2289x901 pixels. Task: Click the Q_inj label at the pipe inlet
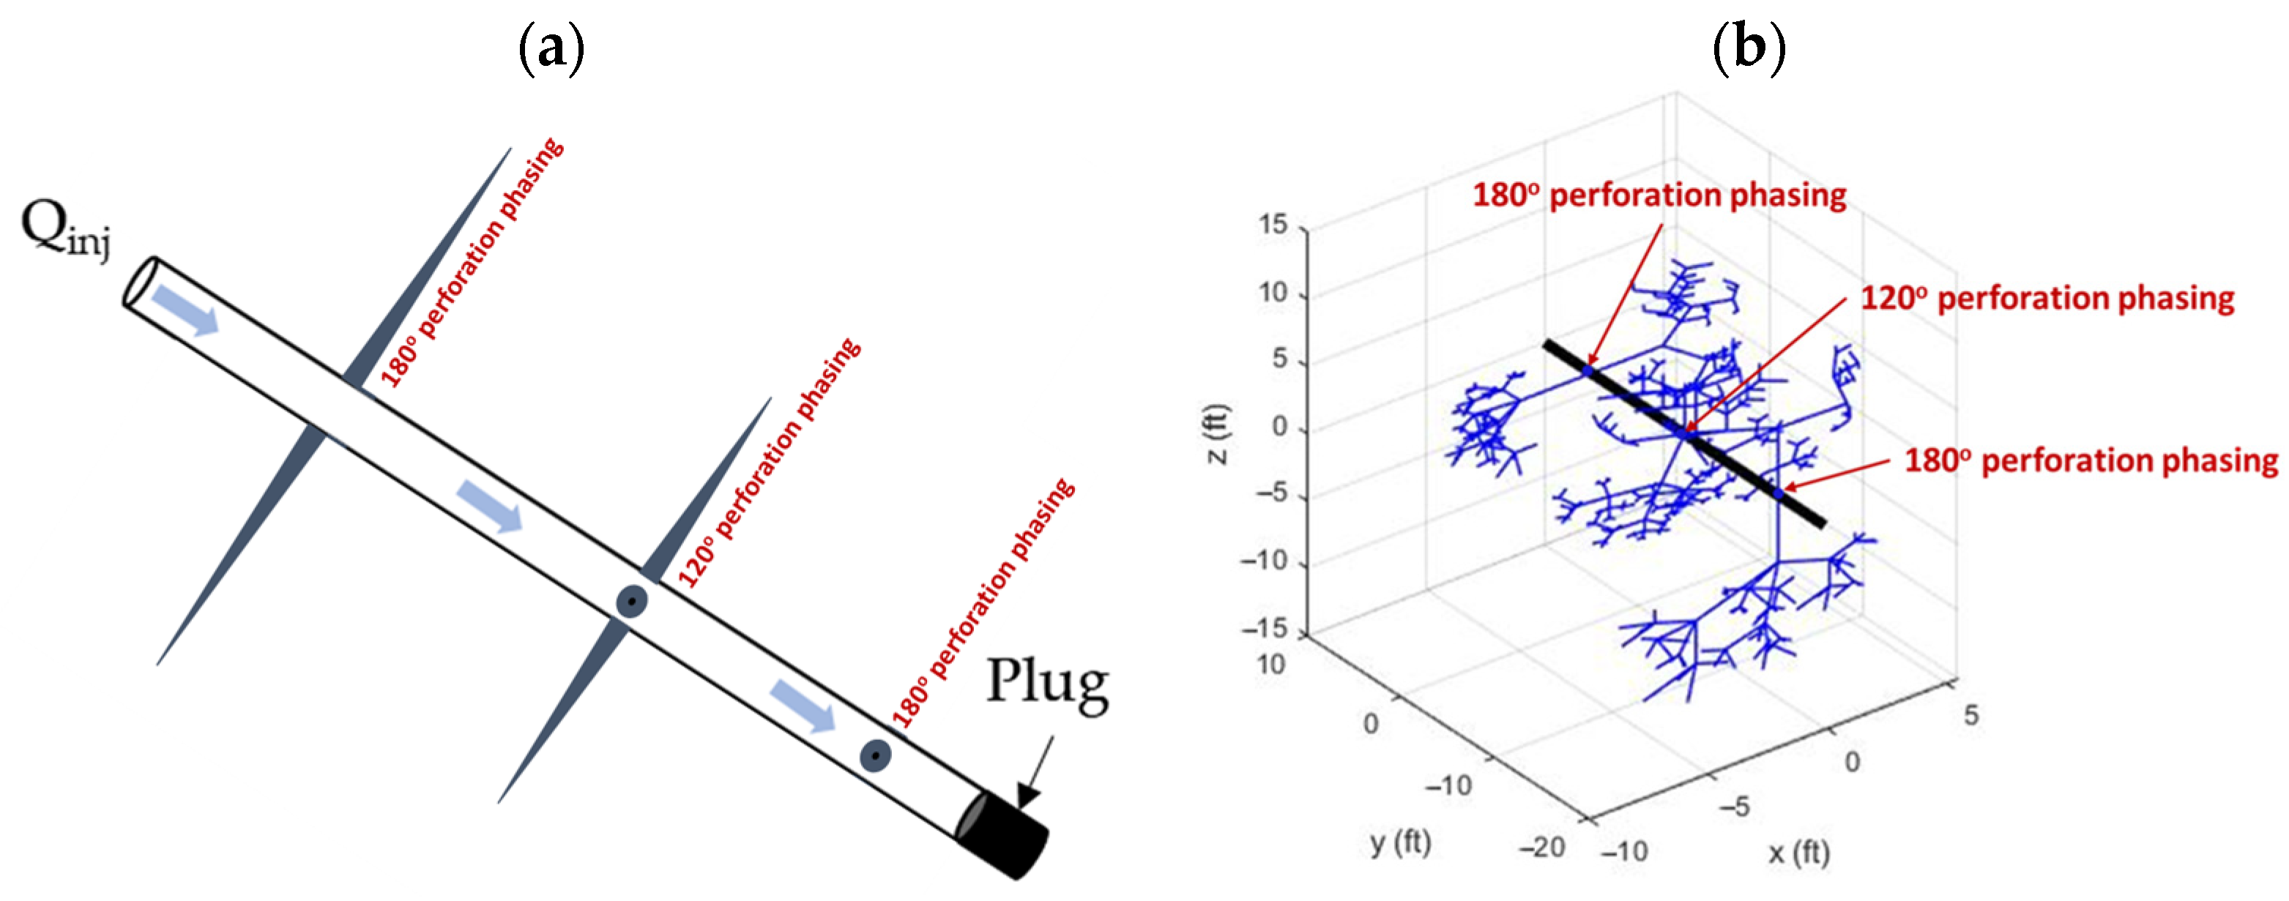(x=66, y=228)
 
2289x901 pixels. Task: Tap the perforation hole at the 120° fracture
(x=632, y=602)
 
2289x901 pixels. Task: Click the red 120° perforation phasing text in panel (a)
(x=770, y=463)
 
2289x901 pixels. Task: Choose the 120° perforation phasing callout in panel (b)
(x=2047, y=299)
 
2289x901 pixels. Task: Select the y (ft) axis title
(x=1399, y=842)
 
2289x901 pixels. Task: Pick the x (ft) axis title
(x=1798, y=853)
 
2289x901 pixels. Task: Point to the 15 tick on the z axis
(x=1273, y=225)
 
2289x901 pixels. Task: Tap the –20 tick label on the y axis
(x=1541, y=847)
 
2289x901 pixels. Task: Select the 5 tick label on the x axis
(x=1971, y=715)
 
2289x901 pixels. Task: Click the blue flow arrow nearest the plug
(x=803, y=706)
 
